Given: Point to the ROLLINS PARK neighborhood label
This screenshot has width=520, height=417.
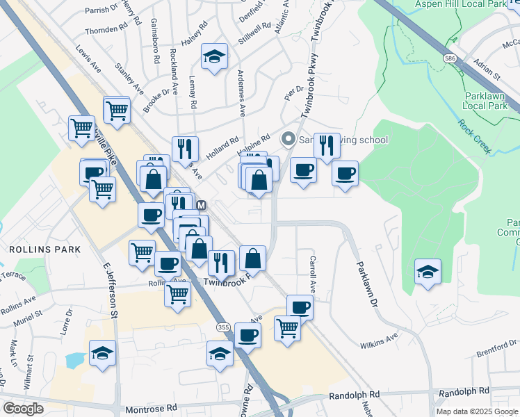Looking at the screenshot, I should pos(40,249).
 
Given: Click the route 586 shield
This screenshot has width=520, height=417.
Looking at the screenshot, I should pos(452,59).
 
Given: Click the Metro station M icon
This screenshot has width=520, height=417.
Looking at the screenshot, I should pos(202,206).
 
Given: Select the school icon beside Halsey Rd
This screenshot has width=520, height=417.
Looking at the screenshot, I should pos(215,57).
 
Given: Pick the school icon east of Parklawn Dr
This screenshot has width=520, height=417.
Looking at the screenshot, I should pos(428,271).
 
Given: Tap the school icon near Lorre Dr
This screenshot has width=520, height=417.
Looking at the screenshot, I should pos(102,353).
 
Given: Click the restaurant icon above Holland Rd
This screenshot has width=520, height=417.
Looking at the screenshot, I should pos(185,148).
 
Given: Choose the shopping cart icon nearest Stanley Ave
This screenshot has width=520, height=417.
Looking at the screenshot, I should pos(117,110).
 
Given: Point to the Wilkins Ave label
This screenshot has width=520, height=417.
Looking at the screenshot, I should pos(378,341).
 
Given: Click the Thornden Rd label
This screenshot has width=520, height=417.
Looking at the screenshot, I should pos(106,31).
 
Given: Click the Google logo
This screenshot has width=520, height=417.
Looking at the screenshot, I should pos(23,408).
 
